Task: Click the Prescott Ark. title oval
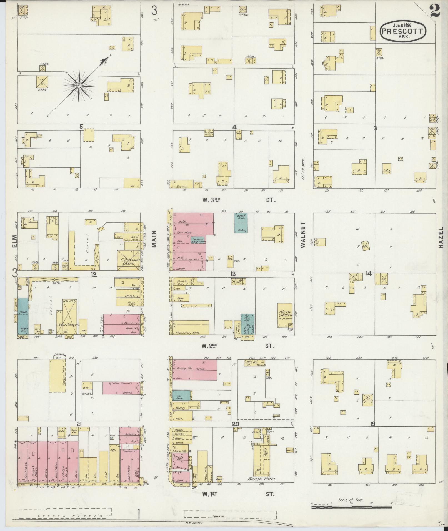point(402,31)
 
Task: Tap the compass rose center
point(79,86)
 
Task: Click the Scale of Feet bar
point(351,507)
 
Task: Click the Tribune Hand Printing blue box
point(198,240)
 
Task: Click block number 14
point(368,274)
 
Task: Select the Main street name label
point(154,239)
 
